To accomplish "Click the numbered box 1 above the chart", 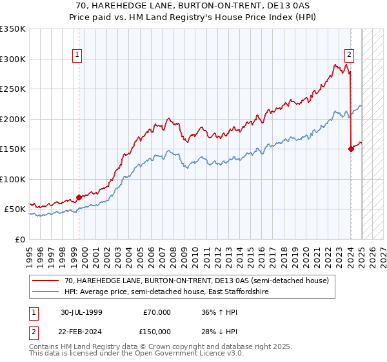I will (77, 55).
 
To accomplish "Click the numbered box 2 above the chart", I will (349, 55).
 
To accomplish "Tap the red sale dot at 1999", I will (79, 197).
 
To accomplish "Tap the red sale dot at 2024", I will (351, 149).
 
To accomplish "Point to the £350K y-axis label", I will (13, 29).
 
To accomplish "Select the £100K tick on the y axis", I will (13, 179).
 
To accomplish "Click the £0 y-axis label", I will (21, 239).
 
